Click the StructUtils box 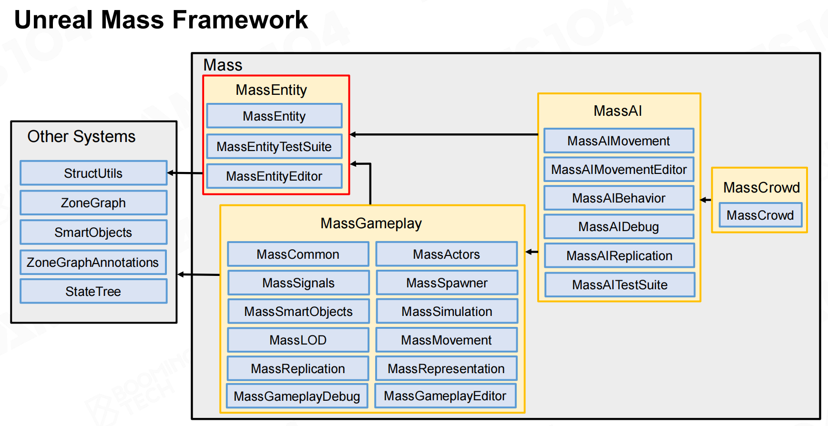tap(93, 173)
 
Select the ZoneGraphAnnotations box tap(93, 262)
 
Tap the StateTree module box tap(93, 291)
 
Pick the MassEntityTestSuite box tap(274, 146)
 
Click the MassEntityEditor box tap(274, 176)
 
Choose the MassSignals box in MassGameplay tap(298, 283)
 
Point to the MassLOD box tap(298, 340)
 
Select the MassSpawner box tap(447, 283)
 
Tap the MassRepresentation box tap(446, 368)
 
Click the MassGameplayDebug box tap(297, 396)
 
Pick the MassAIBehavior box tap(619, 198)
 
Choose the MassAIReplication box tap(619, 255)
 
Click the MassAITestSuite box tap(620, 284)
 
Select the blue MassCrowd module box tap(760, 215)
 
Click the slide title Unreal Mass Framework tap(161, 20)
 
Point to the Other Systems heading tap(82, 137)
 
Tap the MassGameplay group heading tap(371, 223)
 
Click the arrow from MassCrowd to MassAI tap(705, 200)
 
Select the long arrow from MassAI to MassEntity tap(444, 134)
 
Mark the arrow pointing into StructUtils tap(185, 173)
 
